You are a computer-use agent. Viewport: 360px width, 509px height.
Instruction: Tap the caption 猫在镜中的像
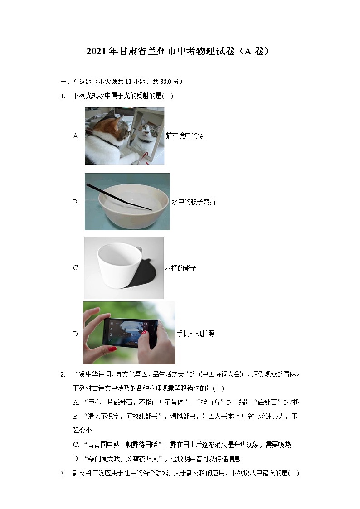[x=185, y=136]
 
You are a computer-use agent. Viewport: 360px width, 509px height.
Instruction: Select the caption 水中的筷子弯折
[x=194, y=202]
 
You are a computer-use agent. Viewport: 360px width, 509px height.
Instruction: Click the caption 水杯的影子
[x=180, y=268]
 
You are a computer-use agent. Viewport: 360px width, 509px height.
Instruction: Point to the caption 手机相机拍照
[x=195, y=334]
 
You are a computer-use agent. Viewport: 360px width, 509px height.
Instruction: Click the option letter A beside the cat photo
[x=76, y=136]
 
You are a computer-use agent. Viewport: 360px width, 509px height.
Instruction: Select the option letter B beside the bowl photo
[x=76, y=202]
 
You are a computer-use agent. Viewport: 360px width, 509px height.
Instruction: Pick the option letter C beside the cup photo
[x=76, y=268]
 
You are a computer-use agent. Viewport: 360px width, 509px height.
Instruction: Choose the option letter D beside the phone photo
[x=76, y=334]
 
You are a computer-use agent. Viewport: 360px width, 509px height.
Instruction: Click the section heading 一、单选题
[x=76, y=82]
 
